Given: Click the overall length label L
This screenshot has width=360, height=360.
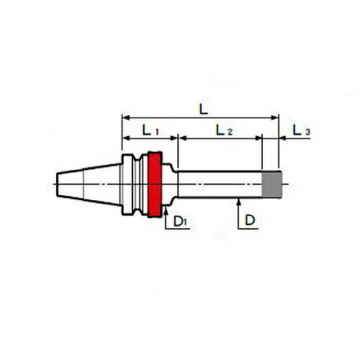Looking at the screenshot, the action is click(204, 109).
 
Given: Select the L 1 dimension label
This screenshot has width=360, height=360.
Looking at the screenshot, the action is click(150, 130).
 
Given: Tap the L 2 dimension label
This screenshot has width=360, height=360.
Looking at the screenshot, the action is click(224, 130).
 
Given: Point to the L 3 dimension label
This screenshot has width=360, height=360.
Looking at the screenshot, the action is click(302, 130).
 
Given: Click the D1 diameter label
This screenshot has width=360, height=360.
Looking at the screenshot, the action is click(180, 221).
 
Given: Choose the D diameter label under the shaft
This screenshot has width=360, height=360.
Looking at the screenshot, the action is click(250, 220).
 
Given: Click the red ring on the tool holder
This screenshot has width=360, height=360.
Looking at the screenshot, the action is click(155, 184).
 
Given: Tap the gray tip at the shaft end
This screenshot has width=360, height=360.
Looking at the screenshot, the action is click(271, 184).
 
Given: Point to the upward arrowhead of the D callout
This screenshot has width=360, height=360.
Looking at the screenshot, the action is click(238, 202).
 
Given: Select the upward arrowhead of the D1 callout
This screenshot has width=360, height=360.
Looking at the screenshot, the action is click(166, 210).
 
